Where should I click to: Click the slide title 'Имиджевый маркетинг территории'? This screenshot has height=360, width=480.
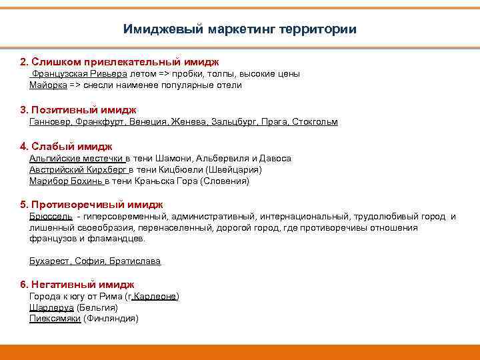240,29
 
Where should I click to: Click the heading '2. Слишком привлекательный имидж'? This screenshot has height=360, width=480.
119,61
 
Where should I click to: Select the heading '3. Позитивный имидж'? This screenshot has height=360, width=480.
78,109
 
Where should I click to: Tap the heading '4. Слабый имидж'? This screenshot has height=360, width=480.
66,146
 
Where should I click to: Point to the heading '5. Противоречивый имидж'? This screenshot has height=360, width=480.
91,205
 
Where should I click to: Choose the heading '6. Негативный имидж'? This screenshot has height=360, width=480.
77,284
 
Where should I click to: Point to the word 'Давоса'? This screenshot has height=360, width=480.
275,159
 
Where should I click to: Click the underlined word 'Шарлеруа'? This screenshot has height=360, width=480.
51,308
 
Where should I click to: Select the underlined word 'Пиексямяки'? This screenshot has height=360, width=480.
55,319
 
